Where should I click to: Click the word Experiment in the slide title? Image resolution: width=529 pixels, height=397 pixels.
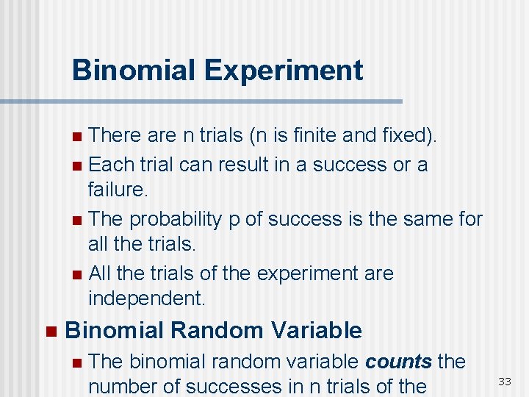click(284, 71)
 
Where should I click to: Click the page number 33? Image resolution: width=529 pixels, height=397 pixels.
click(505, 381)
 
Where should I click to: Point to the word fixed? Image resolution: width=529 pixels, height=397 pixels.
click(409, 136)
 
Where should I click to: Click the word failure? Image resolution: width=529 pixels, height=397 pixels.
click(118, 190)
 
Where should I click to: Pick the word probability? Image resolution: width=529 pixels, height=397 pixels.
click(176, 219)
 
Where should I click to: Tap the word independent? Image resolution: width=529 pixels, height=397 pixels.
click(146, 298)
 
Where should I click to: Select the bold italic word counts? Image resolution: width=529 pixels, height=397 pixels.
click(398, 362)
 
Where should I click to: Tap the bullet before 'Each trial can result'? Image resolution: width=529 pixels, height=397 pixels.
click(78, 165)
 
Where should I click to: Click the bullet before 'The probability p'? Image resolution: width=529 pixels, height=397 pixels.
click(78, 220)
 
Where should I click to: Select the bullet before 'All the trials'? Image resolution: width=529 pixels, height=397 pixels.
click(78, 274)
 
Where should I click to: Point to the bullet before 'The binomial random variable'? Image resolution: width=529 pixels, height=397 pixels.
click(78, 362)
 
